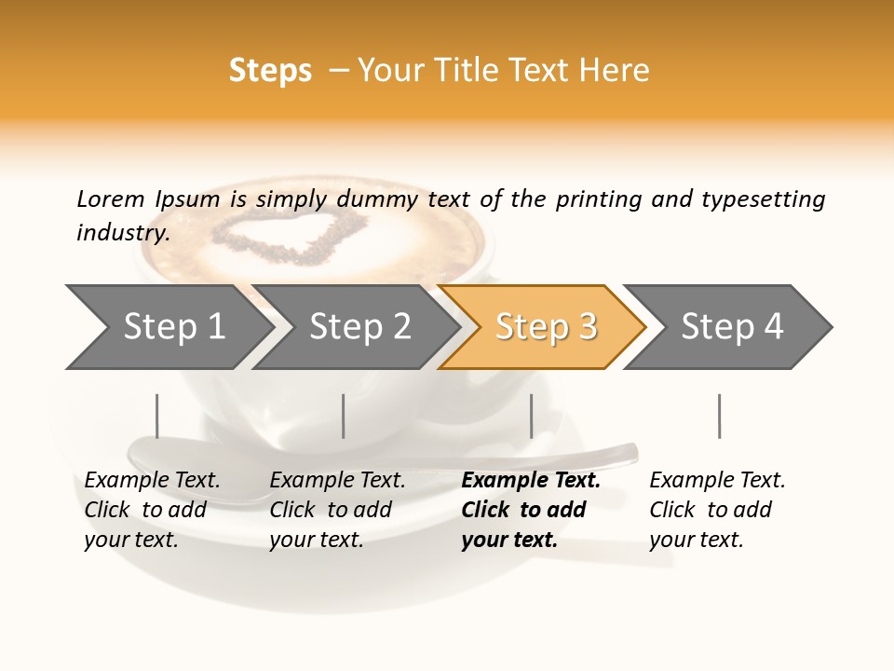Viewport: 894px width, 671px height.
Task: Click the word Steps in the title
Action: click(270, 71)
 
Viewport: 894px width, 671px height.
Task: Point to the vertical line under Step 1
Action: click(157, 416)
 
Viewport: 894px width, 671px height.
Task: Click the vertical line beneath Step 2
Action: click(344, 416)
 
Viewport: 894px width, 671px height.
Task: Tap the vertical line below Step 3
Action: click(531, 416)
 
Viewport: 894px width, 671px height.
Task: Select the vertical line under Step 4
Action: click(719, 416)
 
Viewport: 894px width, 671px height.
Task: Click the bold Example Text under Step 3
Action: click(530, 510)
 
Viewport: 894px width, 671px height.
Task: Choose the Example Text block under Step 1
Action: click(152, 510)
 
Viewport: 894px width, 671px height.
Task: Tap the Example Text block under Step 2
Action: click(337, 510)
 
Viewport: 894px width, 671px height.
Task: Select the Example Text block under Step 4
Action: click(717, 510)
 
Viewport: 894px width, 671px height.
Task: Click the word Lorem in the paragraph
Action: click(111, 199)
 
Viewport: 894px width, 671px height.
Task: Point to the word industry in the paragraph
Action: click(123, 233)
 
